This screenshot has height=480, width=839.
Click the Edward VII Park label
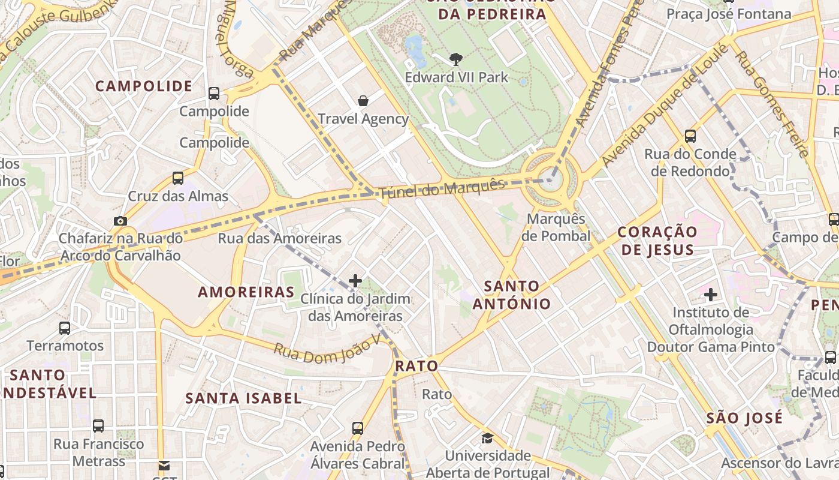[x=456, y=77]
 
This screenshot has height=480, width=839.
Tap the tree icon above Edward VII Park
[x=456, y=59]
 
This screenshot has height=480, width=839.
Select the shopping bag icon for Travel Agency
[x=363, y=100]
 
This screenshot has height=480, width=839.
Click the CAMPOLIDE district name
[x=144, y=86]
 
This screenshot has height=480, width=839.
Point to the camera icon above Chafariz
[x=120, y=221]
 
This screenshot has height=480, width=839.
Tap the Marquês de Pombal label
[x=556, y=227]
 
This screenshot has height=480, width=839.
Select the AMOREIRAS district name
[x=246, y=292]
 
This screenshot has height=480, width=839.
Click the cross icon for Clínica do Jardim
[x=355, y=280]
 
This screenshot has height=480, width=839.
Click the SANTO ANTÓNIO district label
[x=511, y=295]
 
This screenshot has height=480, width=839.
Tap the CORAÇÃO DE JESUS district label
[x=657, y=241]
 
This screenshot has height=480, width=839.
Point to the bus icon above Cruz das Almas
[x=178, y=178]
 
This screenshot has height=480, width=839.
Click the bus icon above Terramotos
[x=65, y=328]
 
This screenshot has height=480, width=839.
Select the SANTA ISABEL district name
[x=243, y=398]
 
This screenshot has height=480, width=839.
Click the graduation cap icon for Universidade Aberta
[x=487, y=437]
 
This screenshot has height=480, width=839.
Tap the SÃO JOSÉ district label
[x=744, y=418]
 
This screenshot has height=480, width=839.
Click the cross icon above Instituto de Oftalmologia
[x=711, y=295]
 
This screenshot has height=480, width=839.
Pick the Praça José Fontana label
[x=729, y=14]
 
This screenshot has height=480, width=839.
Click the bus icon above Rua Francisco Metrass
[x=98, y=426]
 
